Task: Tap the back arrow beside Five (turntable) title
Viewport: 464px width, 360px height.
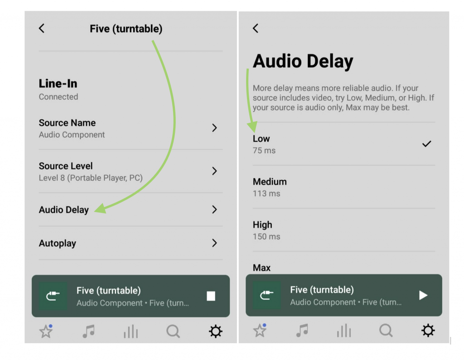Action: pos(42,29)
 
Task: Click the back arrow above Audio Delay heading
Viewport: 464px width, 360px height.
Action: pos(256,29)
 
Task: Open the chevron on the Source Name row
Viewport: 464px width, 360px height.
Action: pos(214,128)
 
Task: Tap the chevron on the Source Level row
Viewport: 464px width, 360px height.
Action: pos(214,171)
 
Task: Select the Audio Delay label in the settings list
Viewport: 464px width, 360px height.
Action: pos(64,210)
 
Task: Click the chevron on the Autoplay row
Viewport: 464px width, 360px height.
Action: pos(214,243)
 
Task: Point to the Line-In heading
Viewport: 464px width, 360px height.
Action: pos(58,84)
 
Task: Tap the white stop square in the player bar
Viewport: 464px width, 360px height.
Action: pos(211,296)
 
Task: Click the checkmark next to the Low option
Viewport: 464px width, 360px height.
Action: pos(426,144)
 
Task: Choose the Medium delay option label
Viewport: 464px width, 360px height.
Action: pos(270,182)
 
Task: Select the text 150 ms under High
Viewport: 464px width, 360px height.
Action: pos(266,237)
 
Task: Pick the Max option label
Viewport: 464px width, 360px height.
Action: pos(261,268)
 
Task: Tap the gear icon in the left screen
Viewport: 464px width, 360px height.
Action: pos(216,331)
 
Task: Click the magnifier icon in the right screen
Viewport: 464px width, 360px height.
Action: pos(386,331)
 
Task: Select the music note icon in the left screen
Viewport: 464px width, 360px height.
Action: pos(88,331)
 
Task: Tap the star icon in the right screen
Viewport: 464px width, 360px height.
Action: pos(260,331)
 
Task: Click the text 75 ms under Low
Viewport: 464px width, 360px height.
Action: pos(264,151)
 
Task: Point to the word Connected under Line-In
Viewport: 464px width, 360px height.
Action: pos(58,97)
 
